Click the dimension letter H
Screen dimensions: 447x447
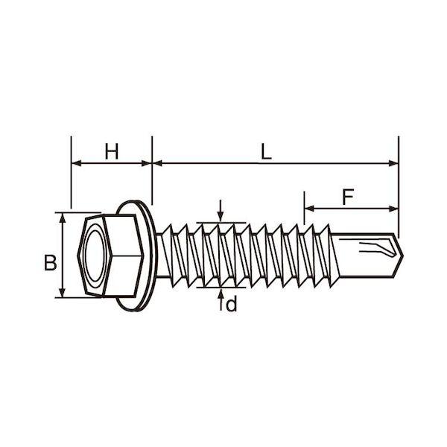(x=112, y=151)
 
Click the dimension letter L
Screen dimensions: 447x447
(x=266, y=151)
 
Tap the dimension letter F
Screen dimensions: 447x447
(x=348, y=197)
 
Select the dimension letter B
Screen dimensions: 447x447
(x=51, y=262)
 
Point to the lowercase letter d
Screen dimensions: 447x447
(x=231, y=304)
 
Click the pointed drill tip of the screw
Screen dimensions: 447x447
(x=402, y=256)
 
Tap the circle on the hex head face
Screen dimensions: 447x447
(x=95, y=256)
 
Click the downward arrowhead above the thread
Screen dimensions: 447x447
(x=221, y=216)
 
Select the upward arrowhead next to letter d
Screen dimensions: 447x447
(x=221, y=294)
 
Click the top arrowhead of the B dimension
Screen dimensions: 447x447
(x=63, y=218)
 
